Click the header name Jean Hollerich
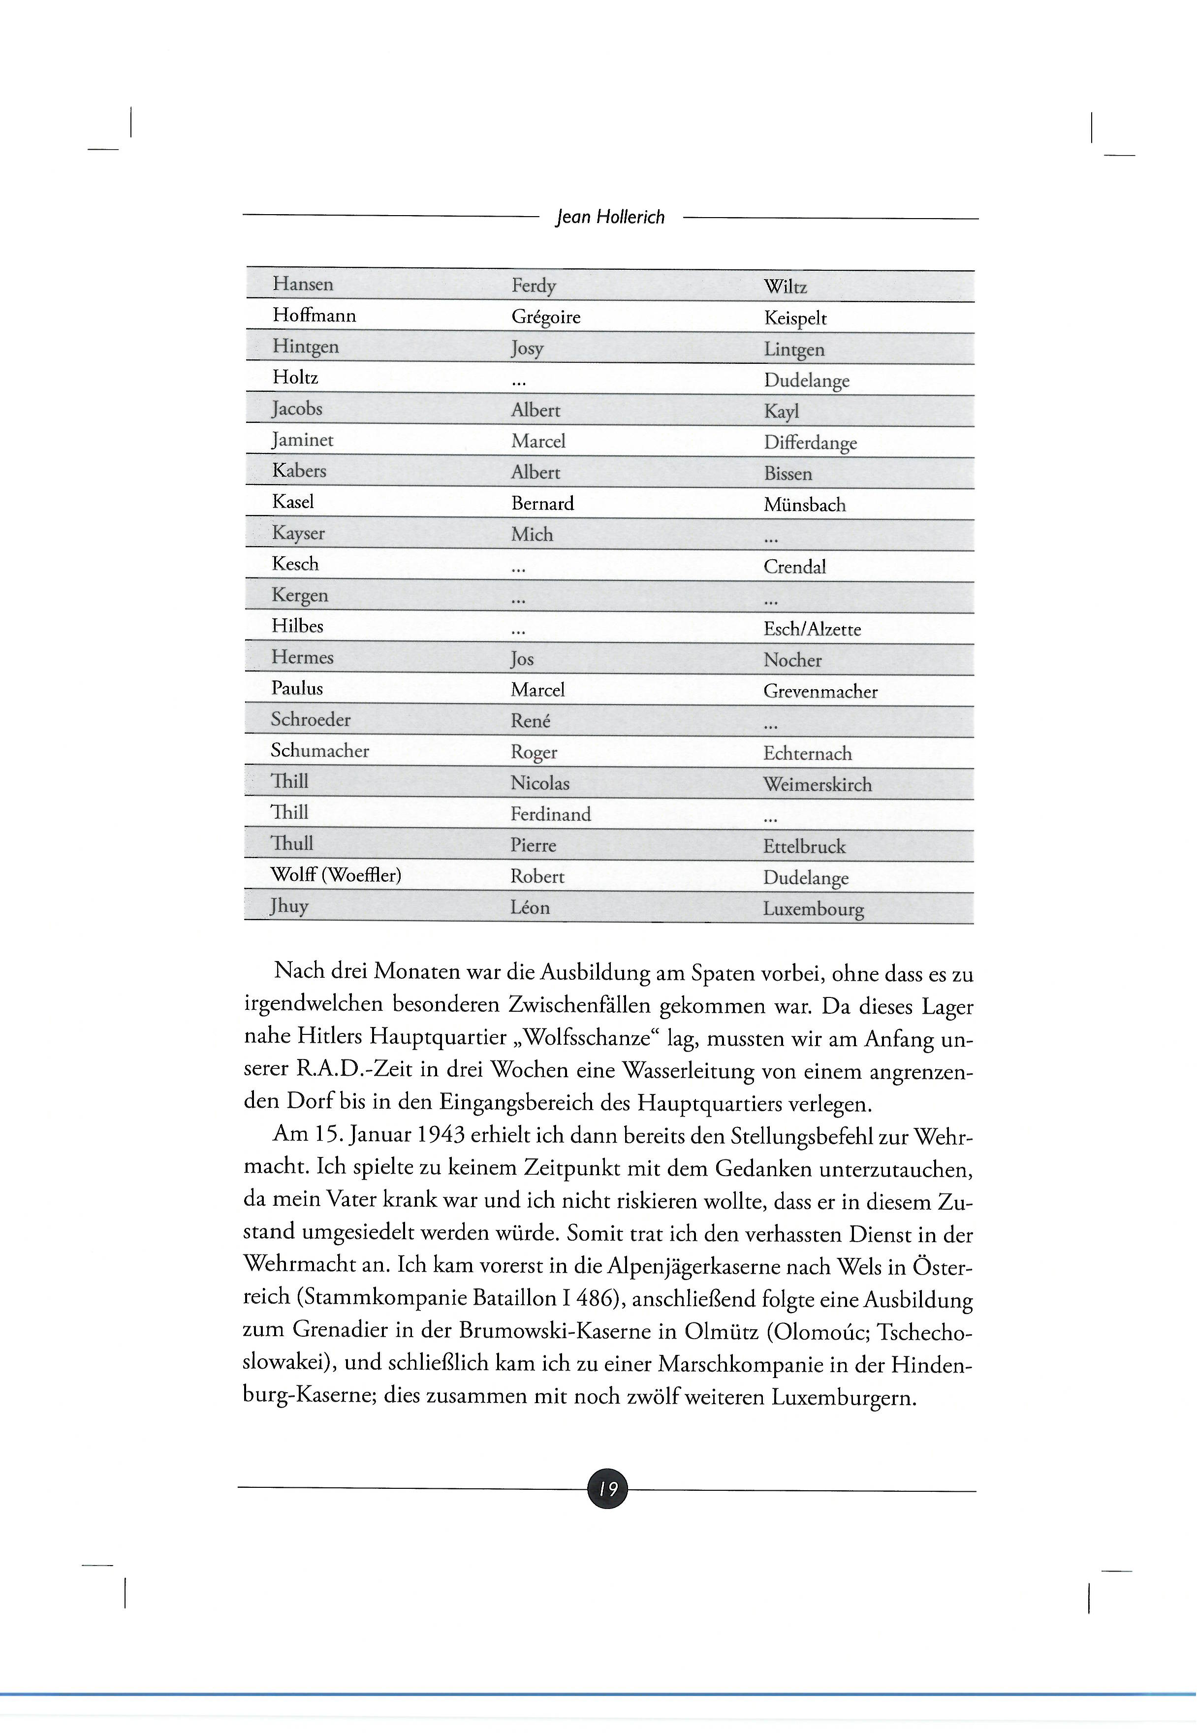click(610, 218)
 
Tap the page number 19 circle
click(607, 1488)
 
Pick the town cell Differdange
click(810, 443)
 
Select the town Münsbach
click(805, 505)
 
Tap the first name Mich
click(532, 535)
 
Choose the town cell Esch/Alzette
click(812, 629)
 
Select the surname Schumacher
click(320, 751)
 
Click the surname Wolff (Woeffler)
click(336, 875)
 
